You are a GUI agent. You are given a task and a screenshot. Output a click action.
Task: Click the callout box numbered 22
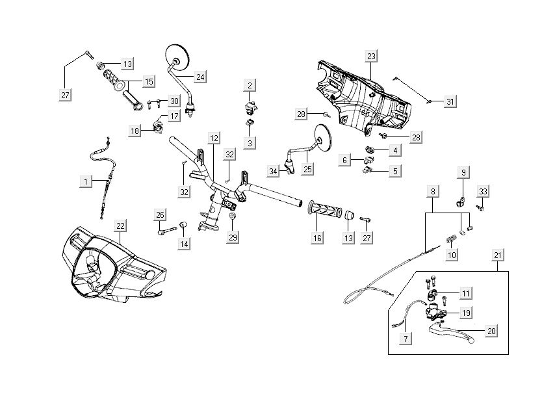[x=121, y=226]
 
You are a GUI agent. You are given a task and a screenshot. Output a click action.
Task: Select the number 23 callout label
[x=371, y=56]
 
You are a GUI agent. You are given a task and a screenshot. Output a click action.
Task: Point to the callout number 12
[x=213, y=138]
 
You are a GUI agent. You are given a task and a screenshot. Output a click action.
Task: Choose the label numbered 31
[x=450, y=101]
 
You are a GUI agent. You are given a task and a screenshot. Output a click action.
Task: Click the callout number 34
[x=274, y=171]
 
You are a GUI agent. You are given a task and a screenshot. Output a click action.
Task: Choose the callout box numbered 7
[x=406, y=339]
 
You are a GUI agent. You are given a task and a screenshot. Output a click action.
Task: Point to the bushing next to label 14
[x=183, y=226]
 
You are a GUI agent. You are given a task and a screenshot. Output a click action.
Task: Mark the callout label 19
[x=465, y=313]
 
